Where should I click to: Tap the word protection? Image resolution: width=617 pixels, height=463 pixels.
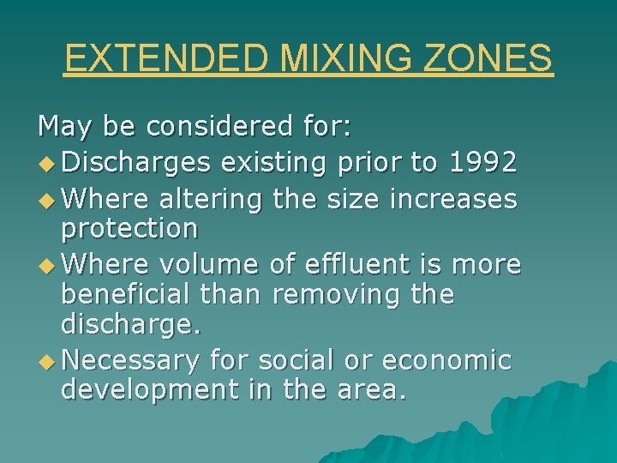point(129,229)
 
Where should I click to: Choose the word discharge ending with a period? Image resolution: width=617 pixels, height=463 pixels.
point(129,324)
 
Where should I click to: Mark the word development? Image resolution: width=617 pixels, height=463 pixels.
point(149,390)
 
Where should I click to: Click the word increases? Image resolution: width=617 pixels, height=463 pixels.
point(453,200)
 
